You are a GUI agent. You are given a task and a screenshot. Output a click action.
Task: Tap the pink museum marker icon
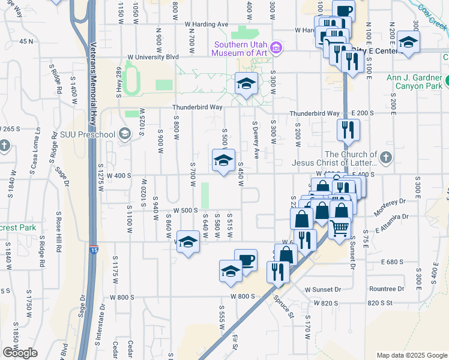pyautogui.click(x=276, y=47)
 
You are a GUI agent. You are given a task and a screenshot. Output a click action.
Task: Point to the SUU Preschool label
pyautogui.click(x=93, y=133)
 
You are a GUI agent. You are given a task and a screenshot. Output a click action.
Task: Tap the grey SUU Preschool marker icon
pyautogui.click(x=124, y=133)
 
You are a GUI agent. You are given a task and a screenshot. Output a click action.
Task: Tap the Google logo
pyautogui.click(x=20, y=353)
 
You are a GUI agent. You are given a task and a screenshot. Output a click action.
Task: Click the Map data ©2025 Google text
pyautogui.click(x=411, y=355)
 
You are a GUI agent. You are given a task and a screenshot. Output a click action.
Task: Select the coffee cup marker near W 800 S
pyautogui.click(x=246, y=260)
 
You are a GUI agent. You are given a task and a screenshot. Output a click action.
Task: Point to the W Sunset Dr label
pyautogui.click(x=322, y=289)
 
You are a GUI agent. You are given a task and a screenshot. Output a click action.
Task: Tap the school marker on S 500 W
pyautogui.click(x=223, y=160)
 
